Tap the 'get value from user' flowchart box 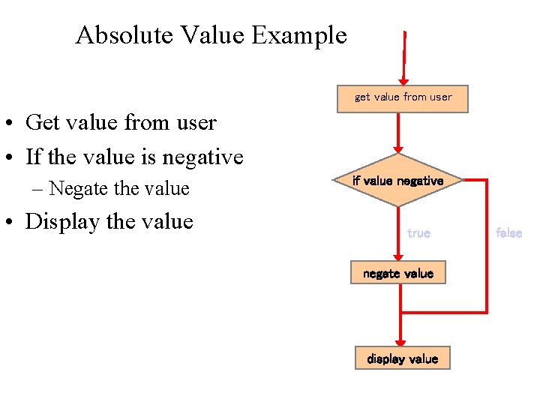pos(403,97)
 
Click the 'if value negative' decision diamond pos(398,181)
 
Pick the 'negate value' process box pos(397,273)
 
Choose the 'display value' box pos(402,358)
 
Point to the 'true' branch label pos(418,233)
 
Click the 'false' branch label pos(508,233)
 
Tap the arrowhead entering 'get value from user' pos(403,79)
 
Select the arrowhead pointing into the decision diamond pos(398,148)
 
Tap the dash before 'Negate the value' pos(37,189)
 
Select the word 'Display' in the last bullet pos(60,222)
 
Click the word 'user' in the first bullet pos(196,123)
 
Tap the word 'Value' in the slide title pos(211,35)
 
